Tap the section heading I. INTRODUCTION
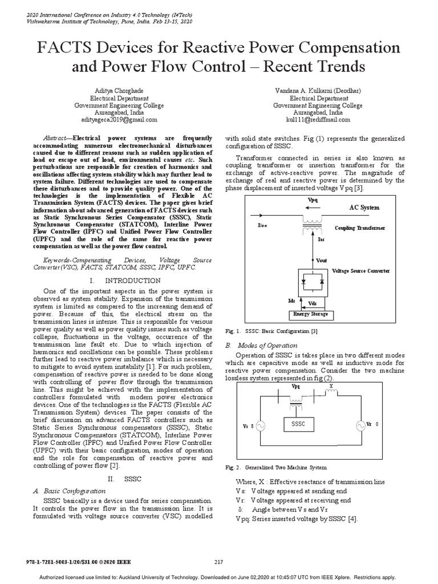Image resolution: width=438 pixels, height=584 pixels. [125, 281]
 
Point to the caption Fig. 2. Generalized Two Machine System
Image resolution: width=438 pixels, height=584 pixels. [276, 468]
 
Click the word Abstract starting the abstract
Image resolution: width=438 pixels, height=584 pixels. [58, 138]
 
